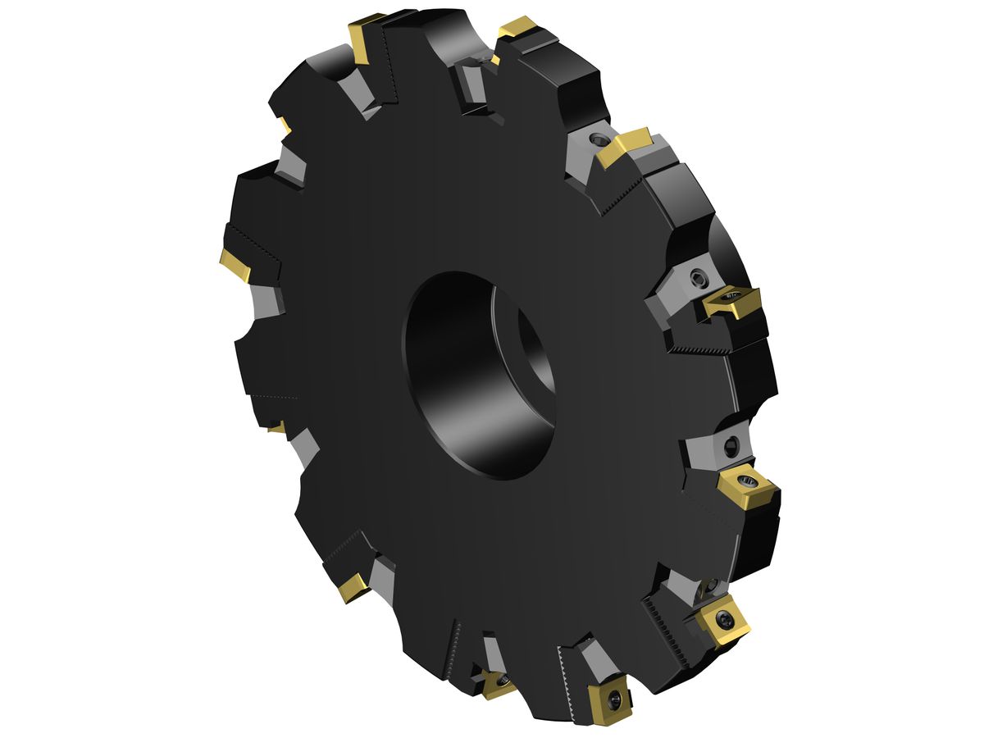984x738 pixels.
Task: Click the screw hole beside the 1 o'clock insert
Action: click(x=603, y=140)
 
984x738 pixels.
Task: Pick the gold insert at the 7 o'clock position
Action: click(x=353, y=586)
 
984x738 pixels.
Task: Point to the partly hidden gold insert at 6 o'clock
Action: click(x=495, y=682)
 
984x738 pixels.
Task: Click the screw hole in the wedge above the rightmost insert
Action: click(x=731, y=446)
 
